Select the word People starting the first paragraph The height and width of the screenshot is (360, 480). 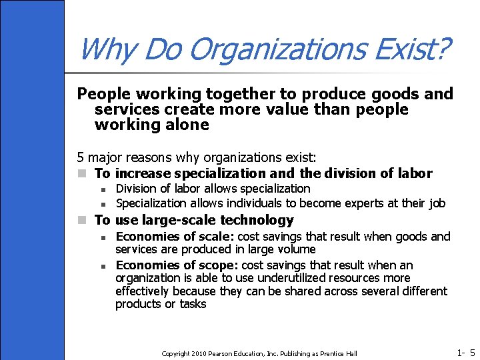pos(101,95)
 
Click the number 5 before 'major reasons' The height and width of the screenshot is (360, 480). pos(81,158)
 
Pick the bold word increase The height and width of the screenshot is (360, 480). pos(148,173)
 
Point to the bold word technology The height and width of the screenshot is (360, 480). pos(257,220)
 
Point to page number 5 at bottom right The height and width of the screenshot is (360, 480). pos(472,353)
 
